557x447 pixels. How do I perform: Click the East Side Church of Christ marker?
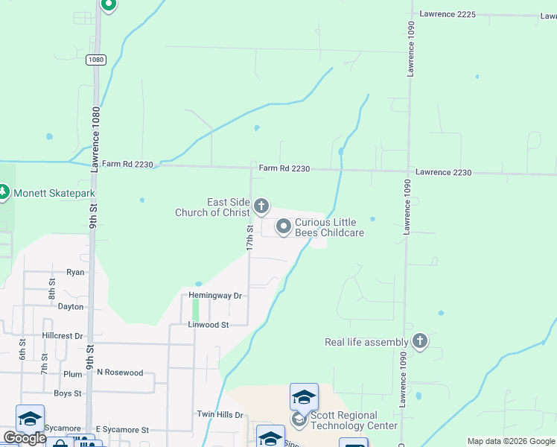point(261,206)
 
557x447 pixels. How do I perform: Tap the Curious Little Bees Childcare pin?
point(284,226)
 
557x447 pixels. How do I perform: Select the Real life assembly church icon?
point(420,342)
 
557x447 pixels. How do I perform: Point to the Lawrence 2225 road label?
point(447,13)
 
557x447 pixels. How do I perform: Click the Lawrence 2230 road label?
point(443,172)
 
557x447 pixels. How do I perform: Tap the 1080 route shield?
point(95,60)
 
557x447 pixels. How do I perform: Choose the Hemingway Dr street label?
point(215,296)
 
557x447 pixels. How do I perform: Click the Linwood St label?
point(208,325)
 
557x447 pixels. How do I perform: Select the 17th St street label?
point(251,238)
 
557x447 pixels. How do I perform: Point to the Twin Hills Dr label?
point(220,414)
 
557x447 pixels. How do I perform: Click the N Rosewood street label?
point(119,372)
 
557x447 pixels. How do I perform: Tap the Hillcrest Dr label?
point(63,336)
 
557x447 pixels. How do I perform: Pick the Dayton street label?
point(71,306)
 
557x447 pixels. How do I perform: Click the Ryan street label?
point(75,273)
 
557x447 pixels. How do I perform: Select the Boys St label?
point(67,393)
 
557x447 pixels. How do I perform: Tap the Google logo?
point(24,439)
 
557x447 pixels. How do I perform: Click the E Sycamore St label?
point(122,430)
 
